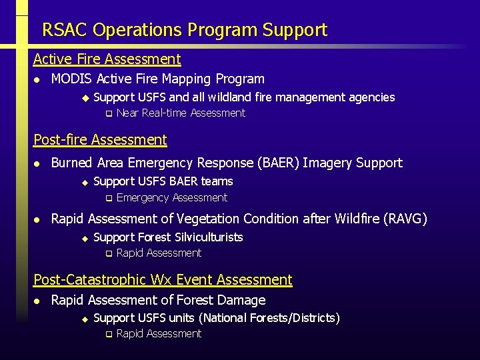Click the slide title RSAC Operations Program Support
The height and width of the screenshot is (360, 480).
pyautogui.click(x=185, y=30)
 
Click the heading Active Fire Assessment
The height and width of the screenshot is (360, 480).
pyautogui.click(x=107, y=59)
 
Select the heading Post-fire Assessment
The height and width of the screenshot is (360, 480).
pyautogui.click(x=100, y=139)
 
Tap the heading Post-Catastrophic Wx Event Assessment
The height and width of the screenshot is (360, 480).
pyautogui.click(x=163, y=279)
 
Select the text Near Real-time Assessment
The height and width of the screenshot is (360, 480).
pyautogui.click(x=181, y=113)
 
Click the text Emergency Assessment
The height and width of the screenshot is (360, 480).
pyautogui.click(x=171, y=197)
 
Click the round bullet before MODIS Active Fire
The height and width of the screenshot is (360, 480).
pyautogui.click(x=37, y=79)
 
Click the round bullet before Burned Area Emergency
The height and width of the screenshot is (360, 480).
pyautogui.click(x=37, y=163)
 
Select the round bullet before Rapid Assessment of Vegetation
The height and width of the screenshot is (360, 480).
pyautogui.click(x=37, y=219)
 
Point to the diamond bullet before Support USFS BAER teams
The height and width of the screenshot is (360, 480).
pyautogui.click(x=85, y=182)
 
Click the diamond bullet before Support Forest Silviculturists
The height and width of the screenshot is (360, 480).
pyautogui.click(x=85, y=238)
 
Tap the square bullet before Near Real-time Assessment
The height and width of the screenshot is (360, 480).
pyautogui.click(x=108, y=114)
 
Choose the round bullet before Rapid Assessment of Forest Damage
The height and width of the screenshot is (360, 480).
pyautogui.click(x=37, y=301)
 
